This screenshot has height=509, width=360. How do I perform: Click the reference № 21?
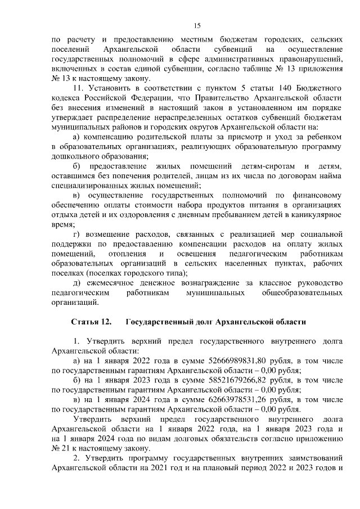click(x=59, y=448)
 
